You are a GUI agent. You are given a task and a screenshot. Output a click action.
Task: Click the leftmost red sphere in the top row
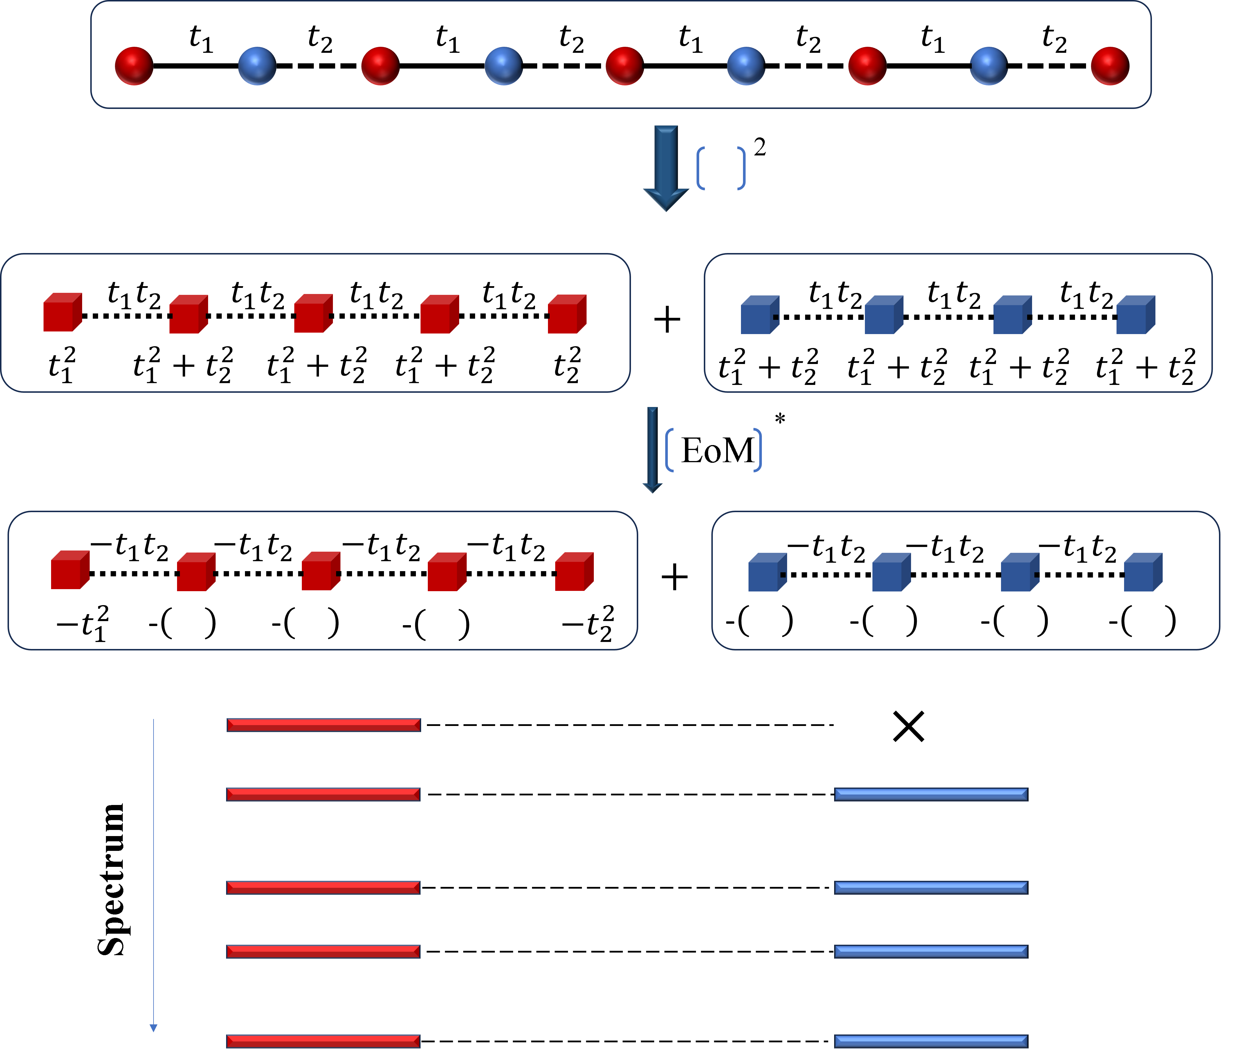click(x=134, y=66)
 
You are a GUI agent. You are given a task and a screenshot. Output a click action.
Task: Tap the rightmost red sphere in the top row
click(x=1110, y=66)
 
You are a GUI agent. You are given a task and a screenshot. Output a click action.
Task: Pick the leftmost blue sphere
click(x=257, y=66)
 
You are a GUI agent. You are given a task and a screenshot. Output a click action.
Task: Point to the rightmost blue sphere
click(x=988, y=66)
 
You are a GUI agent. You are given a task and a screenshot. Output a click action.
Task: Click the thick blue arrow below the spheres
click(x=666, y=166)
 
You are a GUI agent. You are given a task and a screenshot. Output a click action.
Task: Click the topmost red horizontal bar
click(x=323, y=724)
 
